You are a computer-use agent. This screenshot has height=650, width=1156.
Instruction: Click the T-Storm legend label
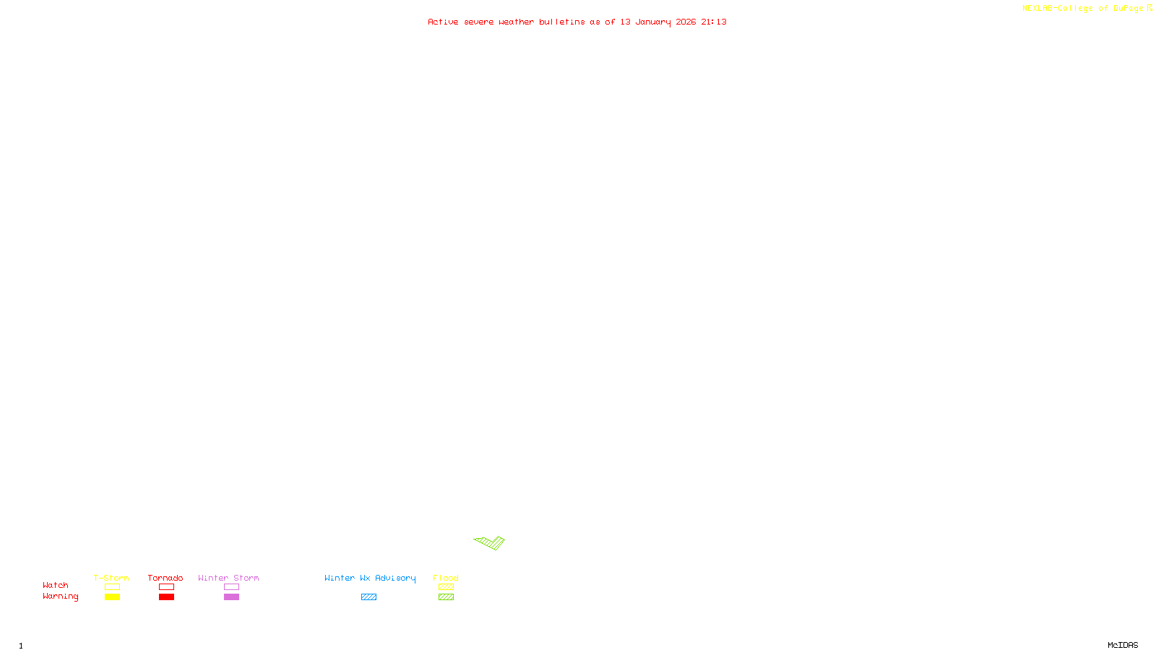tap(111, 578)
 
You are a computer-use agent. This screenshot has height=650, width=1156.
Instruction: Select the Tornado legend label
tap(165, 578)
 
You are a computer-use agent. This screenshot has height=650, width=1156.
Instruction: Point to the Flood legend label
tap(446, 578)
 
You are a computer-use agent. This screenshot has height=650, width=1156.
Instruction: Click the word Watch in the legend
tap(56, 585)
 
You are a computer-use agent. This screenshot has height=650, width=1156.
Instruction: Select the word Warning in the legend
tap(60, 597)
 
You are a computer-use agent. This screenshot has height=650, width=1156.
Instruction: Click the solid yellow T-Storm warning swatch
tap(112, 597)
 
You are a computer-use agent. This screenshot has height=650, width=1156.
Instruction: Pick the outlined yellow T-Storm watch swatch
tap(112, 587)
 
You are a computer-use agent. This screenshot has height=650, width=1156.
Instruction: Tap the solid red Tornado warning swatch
tap(166, 597)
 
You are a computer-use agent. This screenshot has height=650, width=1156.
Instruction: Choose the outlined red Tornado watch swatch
tap(166, 587)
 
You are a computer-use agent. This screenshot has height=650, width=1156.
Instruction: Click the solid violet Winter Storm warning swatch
tap(231, 597)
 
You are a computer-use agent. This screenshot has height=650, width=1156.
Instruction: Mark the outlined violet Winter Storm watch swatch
tap(231, 587)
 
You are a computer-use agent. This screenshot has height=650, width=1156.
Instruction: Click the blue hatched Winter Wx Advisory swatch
tap(368, 597)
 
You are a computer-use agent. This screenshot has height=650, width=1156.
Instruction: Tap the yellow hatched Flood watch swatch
tap(446, 587)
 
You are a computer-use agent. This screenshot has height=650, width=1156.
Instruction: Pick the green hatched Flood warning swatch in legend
tap(446, 597)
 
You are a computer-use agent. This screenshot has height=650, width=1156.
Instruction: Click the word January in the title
tap(653, 22)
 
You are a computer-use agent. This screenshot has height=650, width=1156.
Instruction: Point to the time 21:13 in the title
tap(714, 22)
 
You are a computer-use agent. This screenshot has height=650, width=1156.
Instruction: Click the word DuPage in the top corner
tap(1128, 9)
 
